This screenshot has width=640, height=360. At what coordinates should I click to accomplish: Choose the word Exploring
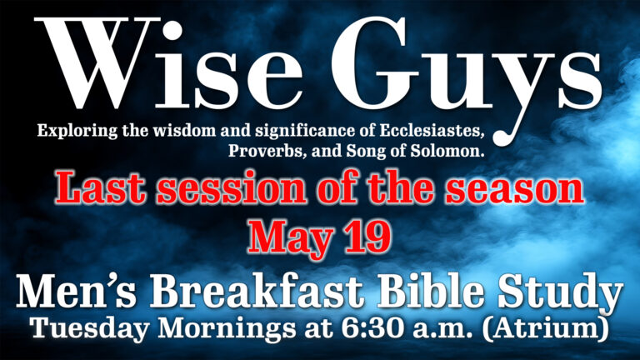(71, 132)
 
